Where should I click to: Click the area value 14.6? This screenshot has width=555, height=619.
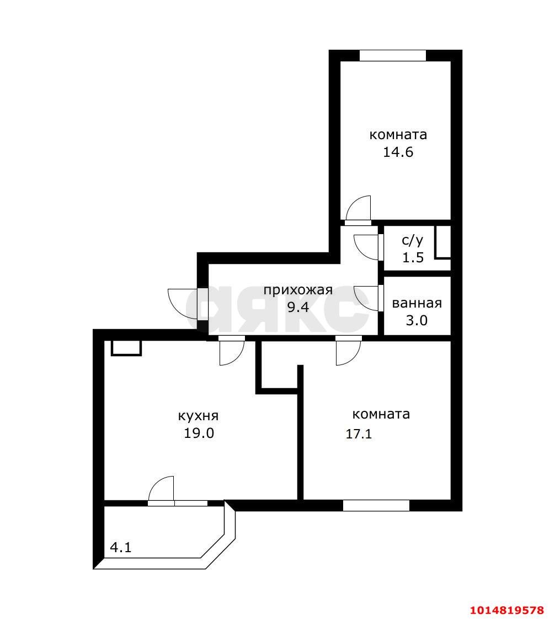tap(398, 152)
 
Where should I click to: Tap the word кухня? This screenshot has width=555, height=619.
tap(199, 416)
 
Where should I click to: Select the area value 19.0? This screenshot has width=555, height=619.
tap(199, 433)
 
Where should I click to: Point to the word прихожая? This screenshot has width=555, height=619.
tap(298, 290)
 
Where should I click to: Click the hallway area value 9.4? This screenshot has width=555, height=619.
tap(298, 306)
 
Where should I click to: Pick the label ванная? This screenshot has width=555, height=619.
tap(417, 303)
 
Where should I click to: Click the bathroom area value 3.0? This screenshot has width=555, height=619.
tap(417, 320)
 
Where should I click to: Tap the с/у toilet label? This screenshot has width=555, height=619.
tap(413, 240)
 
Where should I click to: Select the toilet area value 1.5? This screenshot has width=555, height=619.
tap(413, 257)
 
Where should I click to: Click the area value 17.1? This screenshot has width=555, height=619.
tap(359, 434)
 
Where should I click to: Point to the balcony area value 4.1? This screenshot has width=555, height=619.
tap(121, 547)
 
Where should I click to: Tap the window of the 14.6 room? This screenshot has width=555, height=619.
tap(393, 55)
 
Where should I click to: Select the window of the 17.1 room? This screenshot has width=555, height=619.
tap(376, 505)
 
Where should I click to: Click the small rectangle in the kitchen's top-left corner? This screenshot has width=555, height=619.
tap(126, 348)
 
